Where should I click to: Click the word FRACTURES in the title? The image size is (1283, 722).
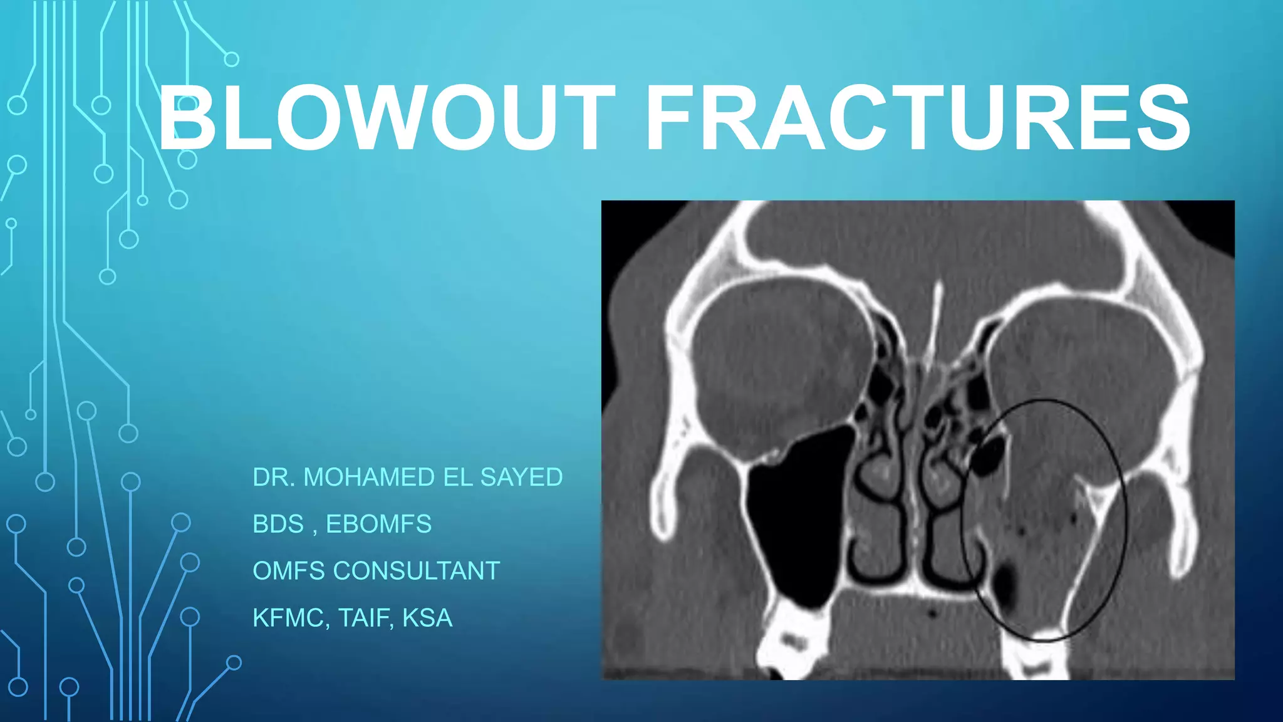pyautogui.click(x=918, y=118)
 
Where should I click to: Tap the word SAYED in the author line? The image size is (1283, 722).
pyautogui.click(x=521, y=478)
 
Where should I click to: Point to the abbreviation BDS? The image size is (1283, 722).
pyautogui.click(x=278, y=524)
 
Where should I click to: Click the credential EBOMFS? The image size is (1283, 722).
pyautogui.click(x=378, y=524)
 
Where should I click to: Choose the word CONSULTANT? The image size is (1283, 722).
pyautogui.click(x=416, y=571)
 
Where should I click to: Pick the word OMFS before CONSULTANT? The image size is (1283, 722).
pyautogui.click(x=289, y=571)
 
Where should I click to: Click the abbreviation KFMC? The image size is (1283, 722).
pyautogui.click(x=288, y=618)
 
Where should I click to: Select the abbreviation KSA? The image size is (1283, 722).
pyautogui.click(x=427, y=618)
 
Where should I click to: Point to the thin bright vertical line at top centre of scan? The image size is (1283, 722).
pyautogui.click(x=935, y=320)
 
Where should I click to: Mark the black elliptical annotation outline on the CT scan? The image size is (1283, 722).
pyautogui.click(x=1125, y=520)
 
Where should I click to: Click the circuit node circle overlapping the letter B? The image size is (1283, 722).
pyautogui.click(x=187, y=159)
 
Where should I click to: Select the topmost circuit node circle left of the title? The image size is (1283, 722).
pyautogui.click(x=232, y=60)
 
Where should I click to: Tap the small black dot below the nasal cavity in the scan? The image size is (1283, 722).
pyautogui.click(x=932, y=612)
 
